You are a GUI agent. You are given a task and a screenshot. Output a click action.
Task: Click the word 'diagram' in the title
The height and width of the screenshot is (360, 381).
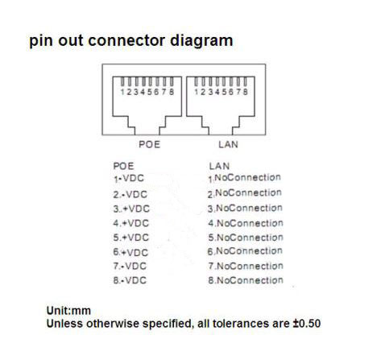(x=201, y=42)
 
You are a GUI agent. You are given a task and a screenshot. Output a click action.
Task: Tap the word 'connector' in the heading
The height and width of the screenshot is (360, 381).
(x=126, y=40)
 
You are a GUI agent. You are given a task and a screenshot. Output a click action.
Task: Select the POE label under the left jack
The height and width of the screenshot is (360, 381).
(x=149, y=144)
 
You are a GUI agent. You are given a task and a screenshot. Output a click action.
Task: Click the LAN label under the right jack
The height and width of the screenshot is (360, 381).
(x=228, y=144)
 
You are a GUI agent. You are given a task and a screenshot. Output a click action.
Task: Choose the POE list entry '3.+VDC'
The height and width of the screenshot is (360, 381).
(x=131, y=209)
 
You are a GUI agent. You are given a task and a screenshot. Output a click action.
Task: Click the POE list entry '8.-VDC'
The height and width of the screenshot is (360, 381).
(x=130, y=280)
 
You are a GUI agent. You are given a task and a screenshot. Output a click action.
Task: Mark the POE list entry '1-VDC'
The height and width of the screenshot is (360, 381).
(x=129, y=179)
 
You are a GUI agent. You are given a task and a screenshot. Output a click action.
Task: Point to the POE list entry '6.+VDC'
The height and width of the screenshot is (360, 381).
(x=130, y=252)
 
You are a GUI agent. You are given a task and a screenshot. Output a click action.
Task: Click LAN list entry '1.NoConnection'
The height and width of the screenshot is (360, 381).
(x=245, y=178)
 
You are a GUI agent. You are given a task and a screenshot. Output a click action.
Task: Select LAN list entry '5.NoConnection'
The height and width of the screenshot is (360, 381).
(x=246, y=238)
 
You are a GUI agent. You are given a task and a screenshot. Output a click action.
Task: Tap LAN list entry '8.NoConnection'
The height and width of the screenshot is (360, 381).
(x=246, y=280)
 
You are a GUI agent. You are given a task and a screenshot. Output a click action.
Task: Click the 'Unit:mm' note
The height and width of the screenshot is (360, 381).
(x=68, y=311)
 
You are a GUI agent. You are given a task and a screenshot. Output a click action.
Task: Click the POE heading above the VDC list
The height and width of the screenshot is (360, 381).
(x=123, y=166)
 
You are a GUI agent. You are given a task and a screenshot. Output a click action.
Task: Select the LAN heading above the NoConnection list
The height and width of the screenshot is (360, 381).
(x=219, y=166)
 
